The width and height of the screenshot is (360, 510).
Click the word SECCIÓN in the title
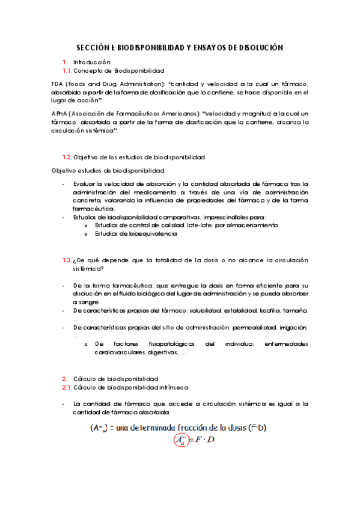pos(93,48)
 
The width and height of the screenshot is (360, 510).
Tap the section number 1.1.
pos(67,70)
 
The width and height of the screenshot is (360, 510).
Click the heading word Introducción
pos(92,62)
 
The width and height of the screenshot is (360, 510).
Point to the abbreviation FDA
pos(60,84)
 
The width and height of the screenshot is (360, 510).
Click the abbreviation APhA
pos(61,113)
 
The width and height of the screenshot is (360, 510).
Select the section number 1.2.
pos(67,157)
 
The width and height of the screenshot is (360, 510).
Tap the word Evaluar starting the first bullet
pos(84,184)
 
